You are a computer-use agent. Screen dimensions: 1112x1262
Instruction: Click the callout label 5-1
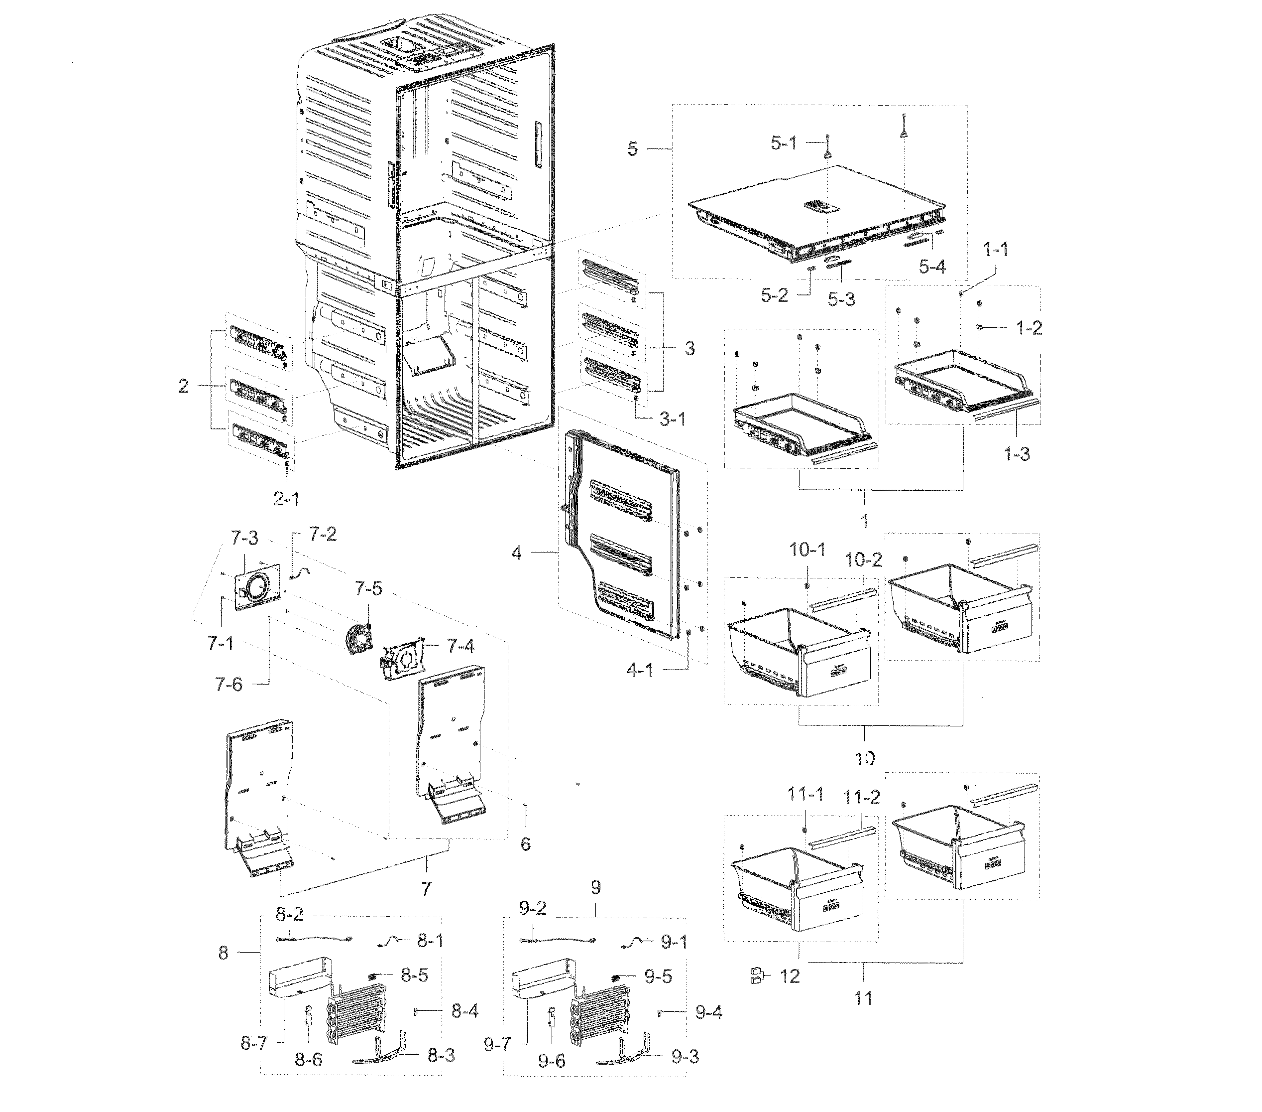[x=784, y=144]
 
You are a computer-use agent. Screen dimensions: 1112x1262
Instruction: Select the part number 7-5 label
[x=368, y=589]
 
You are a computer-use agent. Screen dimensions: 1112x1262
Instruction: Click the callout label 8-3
[x=441, y=1056]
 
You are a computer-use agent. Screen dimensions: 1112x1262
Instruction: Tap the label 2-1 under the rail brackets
[x=286, y=499]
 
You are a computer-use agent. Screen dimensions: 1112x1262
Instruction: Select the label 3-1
[x=673, y=420]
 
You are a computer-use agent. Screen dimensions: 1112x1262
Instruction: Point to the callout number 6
[x=525, y=844]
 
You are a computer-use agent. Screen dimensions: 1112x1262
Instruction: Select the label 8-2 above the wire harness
[x=290, y=914]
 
